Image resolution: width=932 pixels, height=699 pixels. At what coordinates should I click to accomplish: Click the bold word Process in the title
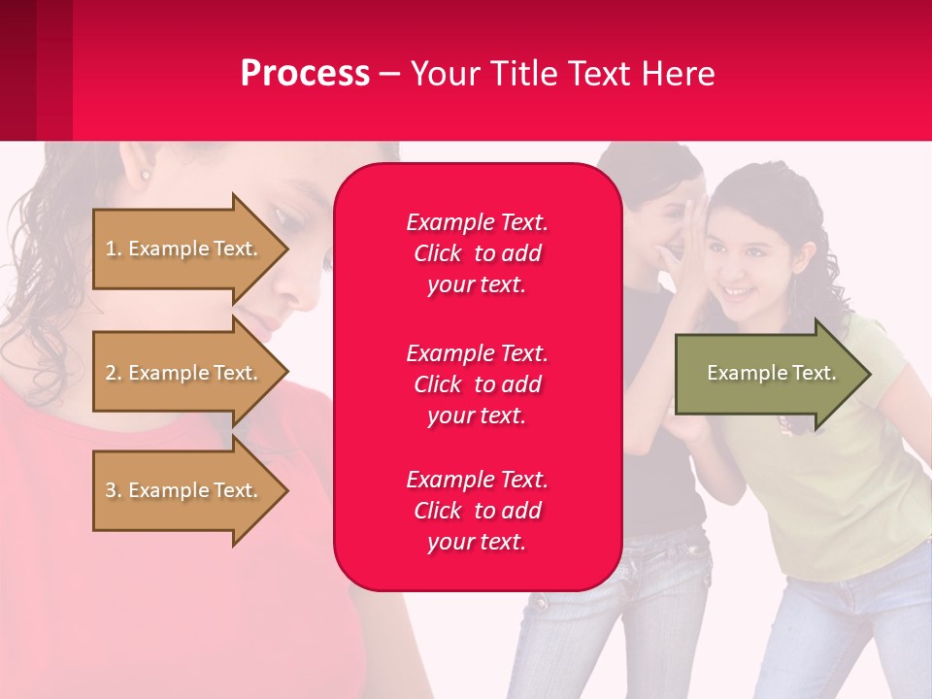pos(305,74)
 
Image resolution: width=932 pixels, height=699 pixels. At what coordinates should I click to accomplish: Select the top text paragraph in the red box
pos(477,253)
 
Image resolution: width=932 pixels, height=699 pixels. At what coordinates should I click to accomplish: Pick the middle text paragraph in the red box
pos(477,384)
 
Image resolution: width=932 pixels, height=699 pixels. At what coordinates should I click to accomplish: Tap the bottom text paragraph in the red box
pos(477,511)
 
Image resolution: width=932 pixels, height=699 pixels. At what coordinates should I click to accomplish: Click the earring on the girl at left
pos(146,176)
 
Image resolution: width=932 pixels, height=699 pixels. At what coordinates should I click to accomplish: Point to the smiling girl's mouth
pos(738,290)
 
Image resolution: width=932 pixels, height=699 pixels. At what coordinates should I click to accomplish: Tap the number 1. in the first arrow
pos(113,249)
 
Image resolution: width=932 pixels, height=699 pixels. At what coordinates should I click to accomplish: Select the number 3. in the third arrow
pos(113,490)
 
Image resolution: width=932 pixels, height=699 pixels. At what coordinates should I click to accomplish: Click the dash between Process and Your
pos(389,75)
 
